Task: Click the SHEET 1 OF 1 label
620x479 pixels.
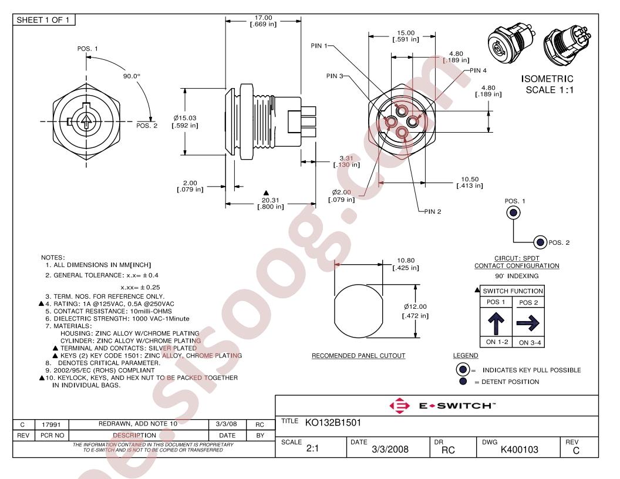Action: coord(43,20)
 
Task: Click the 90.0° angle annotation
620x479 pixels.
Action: coord(132,76)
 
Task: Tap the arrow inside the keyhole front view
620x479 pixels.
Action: coord(85,122)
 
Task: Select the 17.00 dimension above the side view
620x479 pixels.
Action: coord(264,18)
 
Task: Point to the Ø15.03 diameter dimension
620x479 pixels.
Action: coord(185,118)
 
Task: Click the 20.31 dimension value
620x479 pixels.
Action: coord(271,200)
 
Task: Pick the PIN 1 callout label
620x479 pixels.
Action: coord(319,46)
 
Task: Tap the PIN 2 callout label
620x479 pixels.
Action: coord(433,212)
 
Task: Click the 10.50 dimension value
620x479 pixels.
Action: coord(470,180)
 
